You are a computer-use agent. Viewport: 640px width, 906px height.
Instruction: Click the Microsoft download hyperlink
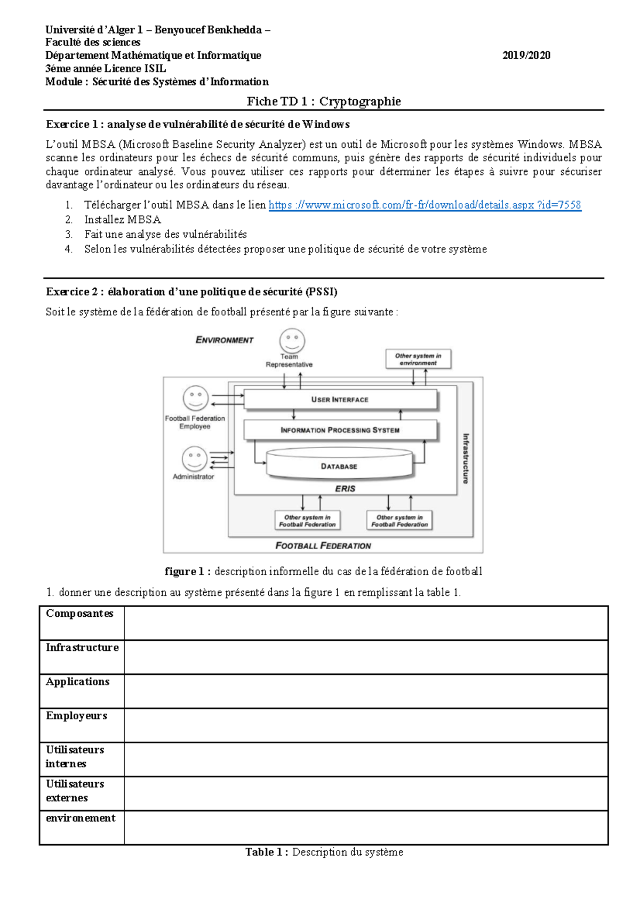tap(425, 205)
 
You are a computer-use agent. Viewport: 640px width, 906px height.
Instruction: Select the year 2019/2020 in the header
tap(526, 55)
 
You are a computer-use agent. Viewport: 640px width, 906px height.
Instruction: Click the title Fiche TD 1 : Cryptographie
tap(324, 101)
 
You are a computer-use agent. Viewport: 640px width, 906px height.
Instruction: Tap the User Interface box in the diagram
tap(340, 399)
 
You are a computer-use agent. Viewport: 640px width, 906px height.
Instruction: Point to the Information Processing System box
tap(340, 430)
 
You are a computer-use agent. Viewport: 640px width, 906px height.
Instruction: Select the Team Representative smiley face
tap(292, 340)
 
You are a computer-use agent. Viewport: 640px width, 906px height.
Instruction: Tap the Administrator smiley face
tap(194, 458)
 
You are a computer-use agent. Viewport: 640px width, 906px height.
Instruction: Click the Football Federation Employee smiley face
tap(195, 398)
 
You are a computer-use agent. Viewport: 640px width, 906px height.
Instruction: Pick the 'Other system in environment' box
tap(418, 359)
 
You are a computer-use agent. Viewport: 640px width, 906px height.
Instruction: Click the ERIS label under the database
tap(345, 489)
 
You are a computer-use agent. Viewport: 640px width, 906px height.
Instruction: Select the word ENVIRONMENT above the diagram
tap(225, 340)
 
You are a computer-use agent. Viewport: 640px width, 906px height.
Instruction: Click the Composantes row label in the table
tap(79, 614)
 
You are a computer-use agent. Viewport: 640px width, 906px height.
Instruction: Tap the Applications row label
tap(78, 682)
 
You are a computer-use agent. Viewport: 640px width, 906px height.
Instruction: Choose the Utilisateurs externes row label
tap(75, 791)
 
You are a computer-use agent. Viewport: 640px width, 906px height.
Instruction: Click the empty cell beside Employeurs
tap(366, 725)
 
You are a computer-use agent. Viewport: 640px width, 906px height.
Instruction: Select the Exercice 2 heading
tap(191, 292)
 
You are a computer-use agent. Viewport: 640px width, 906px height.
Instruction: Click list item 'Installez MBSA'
tap(123, 220)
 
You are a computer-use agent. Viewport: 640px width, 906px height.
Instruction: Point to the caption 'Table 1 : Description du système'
tap(324, 852)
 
